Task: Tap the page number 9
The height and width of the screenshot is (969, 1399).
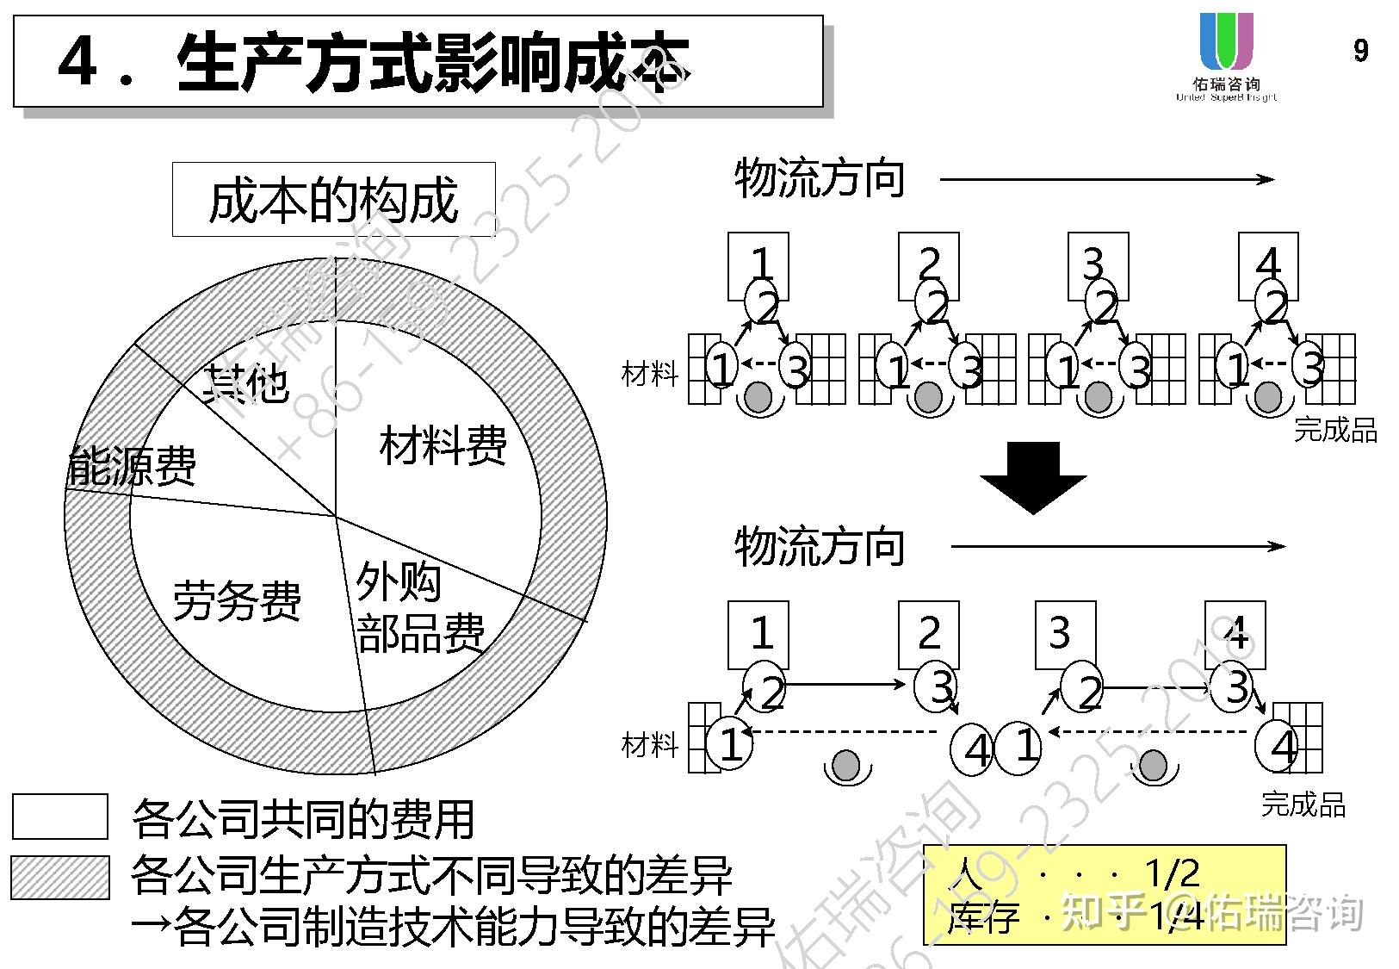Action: pyautogui.click(x=1360, y=51)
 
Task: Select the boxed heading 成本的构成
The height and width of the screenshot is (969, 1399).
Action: pyautogui.click(x=333, y=200)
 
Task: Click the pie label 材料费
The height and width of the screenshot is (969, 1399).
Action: pyautogui.click(x=443, y=445)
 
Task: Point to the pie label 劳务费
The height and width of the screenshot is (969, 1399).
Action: pyautogui.click(x=237, y=600)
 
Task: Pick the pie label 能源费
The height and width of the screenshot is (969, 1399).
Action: pyautogui.click(x=133, y=466)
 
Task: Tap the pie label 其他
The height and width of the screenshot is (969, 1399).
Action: pyautogui.click(x=245, y=383)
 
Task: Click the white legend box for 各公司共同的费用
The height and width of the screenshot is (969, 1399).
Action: pyautogui.click(x=59, y=817)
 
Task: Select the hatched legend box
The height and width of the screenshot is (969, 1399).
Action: pyautogui.click(x=59, y=878)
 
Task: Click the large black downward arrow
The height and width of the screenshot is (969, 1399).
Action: pyautogui.click(x=1033, y=477)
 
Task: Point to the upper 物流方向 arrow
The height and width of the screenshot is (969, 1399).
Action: pyautogui.click(x=1106, y=179)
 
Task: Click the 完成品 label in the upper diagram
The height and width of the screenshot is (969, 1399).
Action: pyautogui.click(x=1335, y=429)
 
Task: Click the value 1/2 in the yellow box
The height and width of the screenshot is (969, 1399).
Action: pyautogui.click(x=1173, y=873)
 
